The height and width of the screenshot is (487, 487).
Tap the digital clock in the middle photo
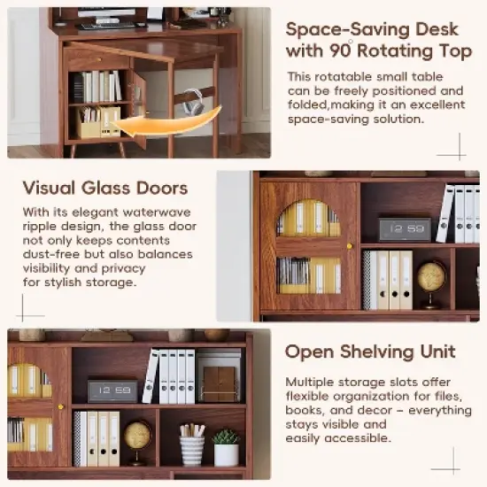point(405,229)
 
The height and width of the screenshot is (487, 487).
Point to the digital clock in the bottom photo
point(112,390)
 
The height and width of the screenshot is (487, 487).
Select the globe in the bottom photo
point(137,436)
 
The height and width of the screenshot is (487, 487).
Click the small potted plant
point(227,448)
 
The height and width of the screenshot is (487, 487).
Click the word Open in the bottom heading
point(306,352)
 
